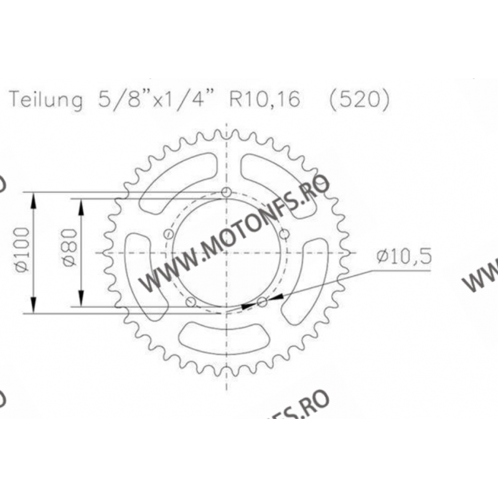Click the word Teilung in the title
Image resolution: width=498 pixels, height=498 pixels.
pos(45,100)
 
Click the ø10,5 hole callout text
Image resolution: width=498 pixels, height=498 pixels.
pos(403,255)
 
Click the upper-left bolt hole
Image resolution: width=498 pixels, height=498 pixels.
pos(168,234)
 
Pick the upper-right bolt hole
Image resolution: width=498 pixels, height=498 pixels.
pos(284,234)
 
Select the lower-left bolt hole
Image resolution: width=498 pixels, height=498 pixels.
pos(190,303)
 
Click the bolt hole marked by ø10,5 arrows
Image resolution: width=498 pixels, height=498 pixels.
pos(262,302)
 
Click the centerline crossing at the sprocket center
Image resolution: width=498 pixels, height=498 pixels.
pos(227,253)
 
